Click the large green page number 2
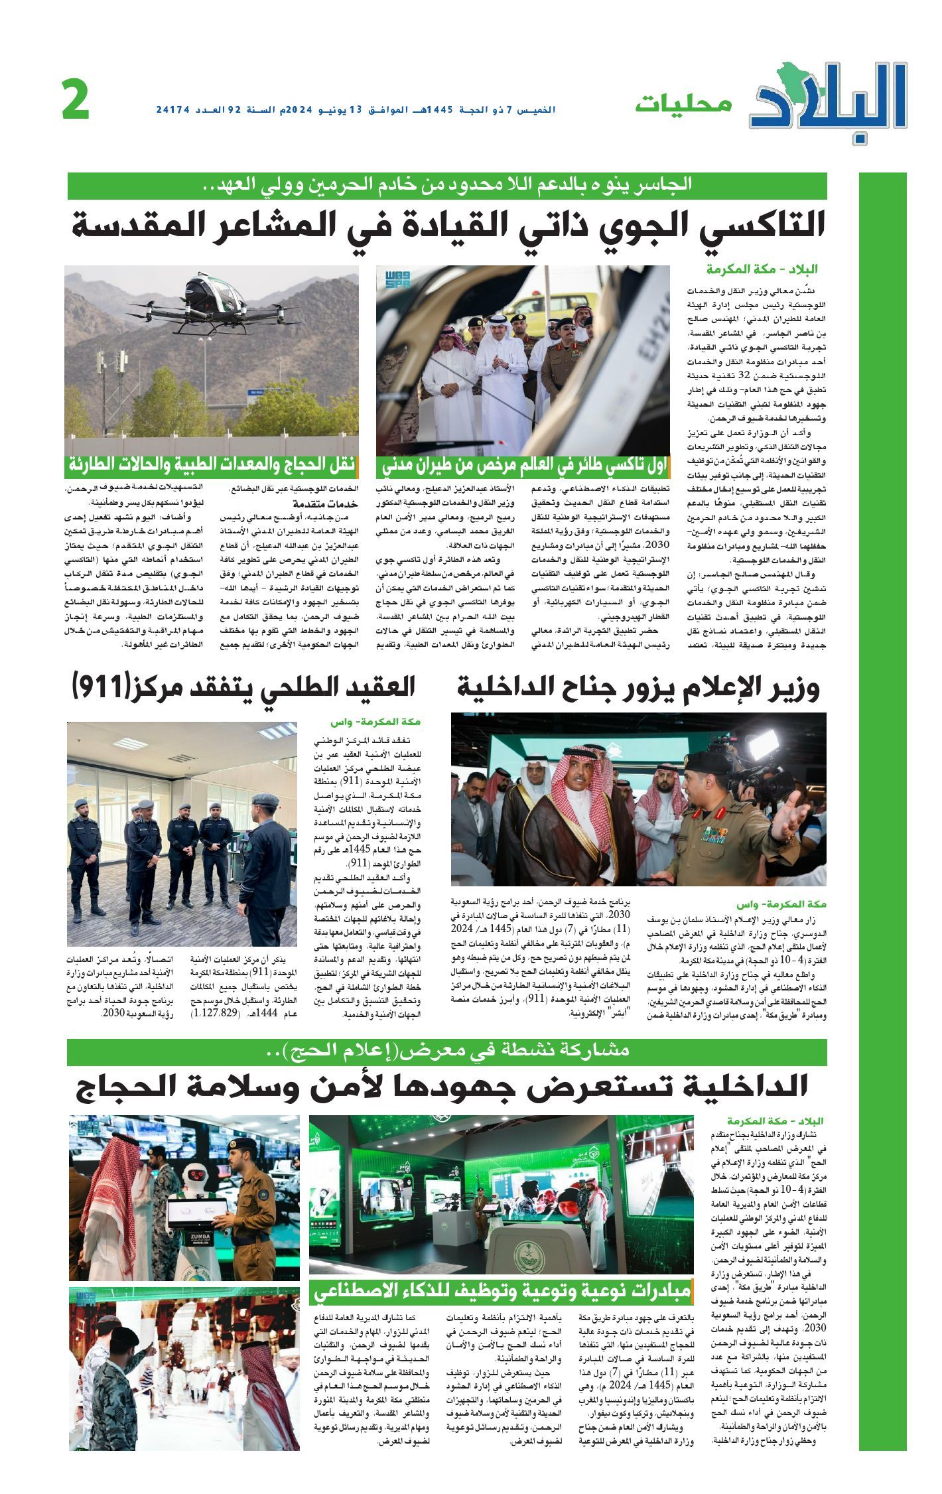tap(76, 100)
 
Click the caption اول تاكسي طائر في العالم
tap(524, 466)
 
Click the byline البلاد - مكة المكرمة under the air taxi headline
tap(762, 269)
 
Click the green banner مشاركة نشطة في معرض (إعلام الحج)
tap(448, 1050)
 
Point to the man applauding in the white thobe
tap(502, 379)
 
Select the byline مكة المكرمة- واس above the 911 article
tap(376, 720)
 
